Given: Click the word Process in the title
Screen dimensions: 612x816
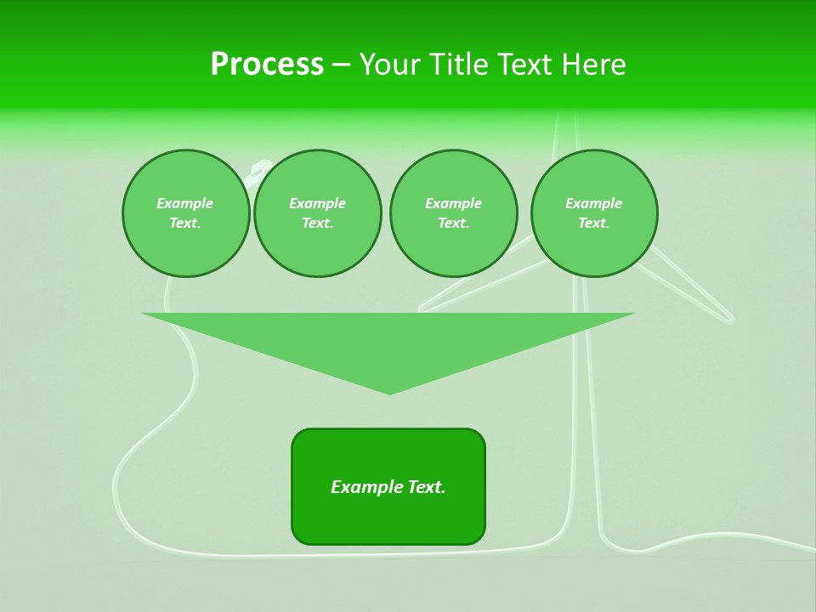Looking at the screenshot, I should point(267,65).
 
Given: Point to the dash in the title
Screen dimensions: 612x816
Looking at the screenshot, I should point(341,65).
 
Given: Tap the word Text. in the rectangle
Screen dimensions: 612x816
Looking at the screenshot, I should point(425,487).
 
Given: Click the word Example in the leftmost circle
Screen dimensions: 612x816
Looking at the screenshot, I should point(185,203).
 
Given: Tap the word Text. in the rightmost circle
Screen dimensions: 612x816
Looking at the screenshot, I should point(593,223).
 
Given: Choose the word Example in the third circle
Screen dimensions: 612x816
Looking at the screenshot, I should point(453,203).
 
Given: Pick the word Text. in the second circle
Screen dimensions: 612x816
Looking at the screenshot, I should point(317,223).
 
